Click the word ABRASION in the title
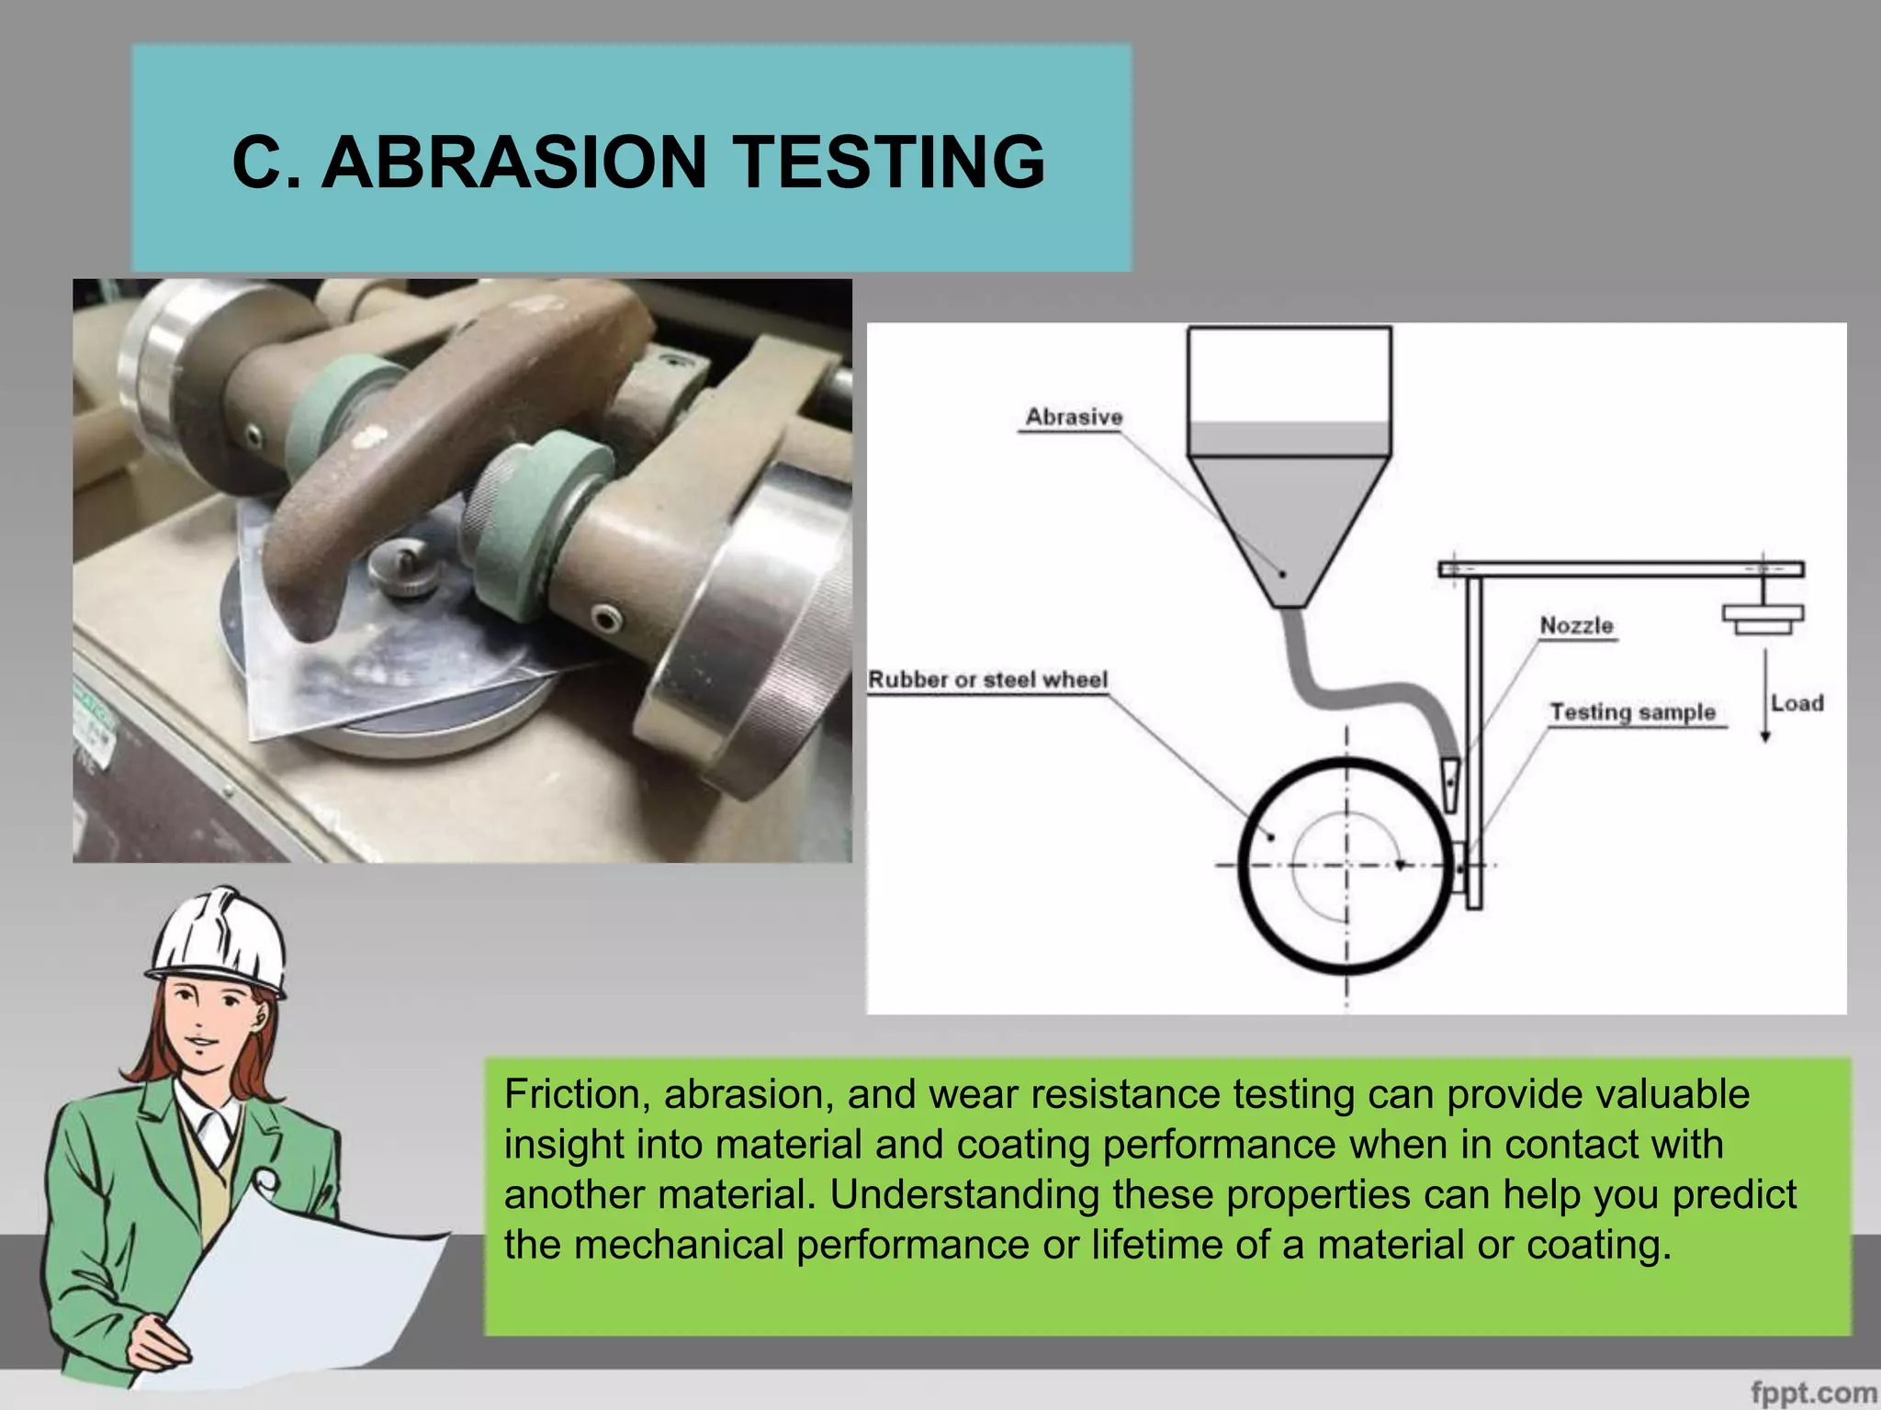tap(514, 162)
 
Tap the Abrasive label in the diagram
tap(1074, 417)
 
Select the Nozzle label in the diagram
tap(1576, 625)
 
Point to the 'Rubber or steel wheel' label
tap(987, 679)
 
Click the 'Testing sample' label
tap(1632, 712)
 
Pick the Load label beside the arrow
tap(1797, 703)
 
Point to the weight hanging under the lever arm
tap(1763, 618)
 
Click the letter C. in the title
tap(266, 162)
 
